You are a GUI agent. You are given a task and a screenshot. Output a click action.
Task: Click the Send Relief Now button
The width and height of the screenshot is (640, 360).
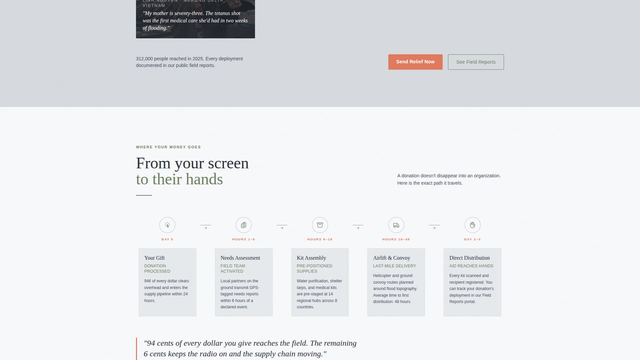click(x=415, y=62)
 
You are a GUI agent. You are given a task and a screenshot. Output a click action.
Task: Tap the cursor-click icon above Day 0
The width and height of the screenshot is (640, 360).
click(x=167, y=225)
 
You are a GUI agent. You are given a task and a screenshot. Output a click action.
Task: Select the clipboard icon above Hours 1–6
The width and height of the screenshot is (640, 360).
click(x=244, y=225)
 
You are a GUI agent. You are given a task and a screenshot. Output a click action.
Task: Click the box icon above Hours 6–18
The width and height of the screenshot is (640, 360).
click(x=320, y=225)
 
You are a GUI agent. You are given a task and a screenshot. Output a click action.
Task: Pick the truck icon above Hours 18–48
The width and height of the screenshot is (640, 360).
click(x=396, y=225)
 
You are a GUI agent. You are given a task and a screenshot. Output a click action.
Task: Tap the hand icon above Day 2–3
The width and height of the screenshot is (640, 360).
click(x=472, y=225)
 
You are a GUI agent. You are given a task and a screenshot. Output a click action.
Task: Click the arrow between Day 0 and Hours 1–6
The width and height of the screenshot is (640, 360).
click(x=206, y=228)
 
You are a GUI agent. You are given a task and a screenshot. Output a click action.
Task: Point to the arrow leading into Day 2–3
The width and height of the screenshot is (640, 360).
click(x=434, y=228)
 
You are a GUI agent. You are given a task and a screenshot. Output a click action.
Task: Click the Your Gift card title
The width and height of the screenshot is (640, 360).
click(x=154, y=258)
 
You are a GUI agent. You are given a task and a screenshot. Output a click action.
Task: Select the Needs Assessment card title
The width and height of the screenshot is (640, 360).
click(x=240, y=258)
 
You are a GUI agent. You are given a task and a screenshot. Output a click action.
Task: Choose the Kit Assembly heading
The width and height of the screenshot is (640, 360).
click(x=311, y=258)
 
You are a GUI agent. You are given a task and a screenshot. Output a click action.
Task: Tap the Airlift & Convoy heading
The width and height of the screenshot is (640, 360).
click(x=391, y=258)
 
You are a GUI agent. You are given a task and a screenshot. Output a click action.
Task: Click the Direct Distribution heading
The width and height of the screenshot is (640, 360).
click(x=469, y=258)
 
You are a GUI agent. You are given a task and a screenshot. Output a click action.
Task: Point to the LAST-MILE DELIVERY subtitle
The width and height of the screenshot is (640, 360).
click(x=394, y=266)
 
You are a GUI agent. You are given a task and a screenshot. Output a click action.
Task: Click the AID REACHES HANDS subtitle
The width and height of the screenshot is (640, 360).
click(x=471, y=266)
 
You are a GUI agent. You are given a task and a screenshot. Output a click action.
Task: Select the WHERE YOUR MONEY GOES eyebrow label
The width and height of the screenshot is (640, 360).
click(x=168, y=147)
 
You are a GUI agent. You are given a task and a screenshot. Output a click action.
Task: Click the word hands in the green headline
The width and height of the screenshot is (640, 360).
click(x=204, y=179)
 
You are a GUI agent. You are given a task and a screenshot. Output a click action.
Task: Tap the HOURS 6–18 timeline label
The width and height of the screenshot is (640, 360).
click(x=320, y=239)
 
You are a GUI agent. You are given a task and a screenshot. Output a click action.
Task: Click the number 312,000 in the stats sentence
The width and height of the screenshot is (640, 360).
click(x=144, y=59)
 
